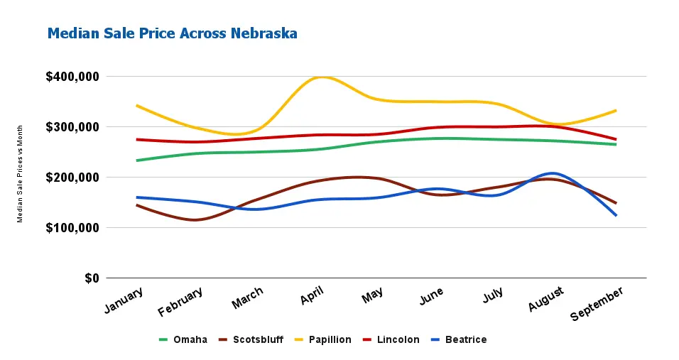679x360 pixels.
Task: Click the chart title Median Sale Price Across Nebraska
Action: [x=172, y=33]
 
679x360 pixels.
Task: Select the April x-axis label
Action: [x=313, y=296]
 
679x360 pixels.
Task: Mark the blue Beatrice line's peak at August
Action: [x=552, y=173]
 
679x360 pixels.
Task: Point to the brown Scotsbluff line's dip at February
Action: [x=195, y=220]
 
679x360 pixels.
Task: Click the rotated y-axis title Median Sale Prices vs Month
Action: [x=21, y=174]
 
